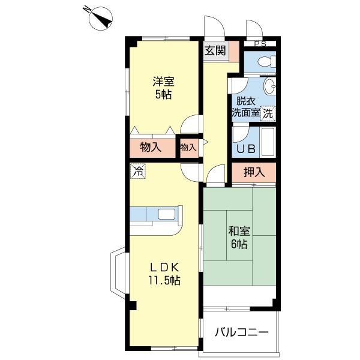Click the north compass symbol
[100, 19]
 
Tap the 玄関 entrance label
[215, 51]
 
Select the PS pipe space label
[260, 44]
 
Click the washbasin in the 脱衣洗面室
[269, 86]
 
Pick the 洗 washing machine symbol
[268, 113]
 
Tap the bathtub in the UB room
[268, 142]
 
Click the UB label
[246, 149]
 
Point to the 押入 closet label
[254, 172]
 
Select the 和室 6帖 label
[239, 238]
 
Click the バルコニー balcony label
[241, 332]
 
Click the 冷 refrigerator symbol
[138, 171]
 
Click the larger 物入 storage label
[151, 147]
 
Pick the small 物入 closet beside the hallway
[189, 148]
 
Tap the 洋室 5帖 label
[163, 88]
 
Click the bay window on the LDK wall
[118, 273]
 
